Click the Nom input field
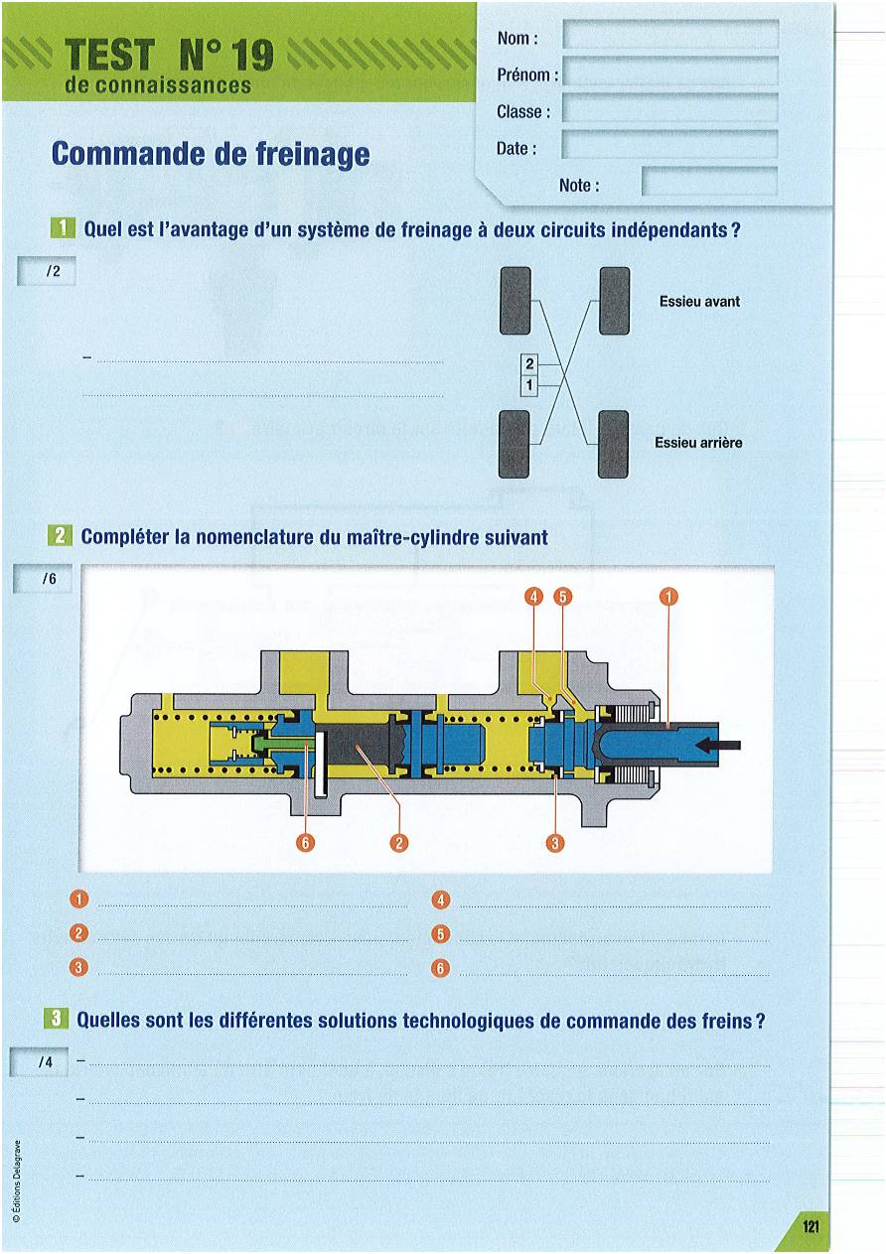670,36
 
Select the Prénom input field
670,72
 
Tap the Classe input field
670,109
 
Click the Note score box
709,183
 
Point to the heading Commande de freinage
211,154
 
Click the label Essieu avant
699,301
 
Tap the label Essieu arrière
698,443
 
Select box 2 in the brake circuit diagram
529,364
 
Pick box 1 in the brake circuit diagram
529,383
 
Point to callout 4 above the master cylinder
534,597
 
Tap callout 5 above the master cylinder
562,597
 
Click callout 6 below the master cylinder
307,843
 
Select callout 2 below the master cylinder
399,843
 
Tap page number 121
811,1227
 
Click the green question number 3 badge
58,1019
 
